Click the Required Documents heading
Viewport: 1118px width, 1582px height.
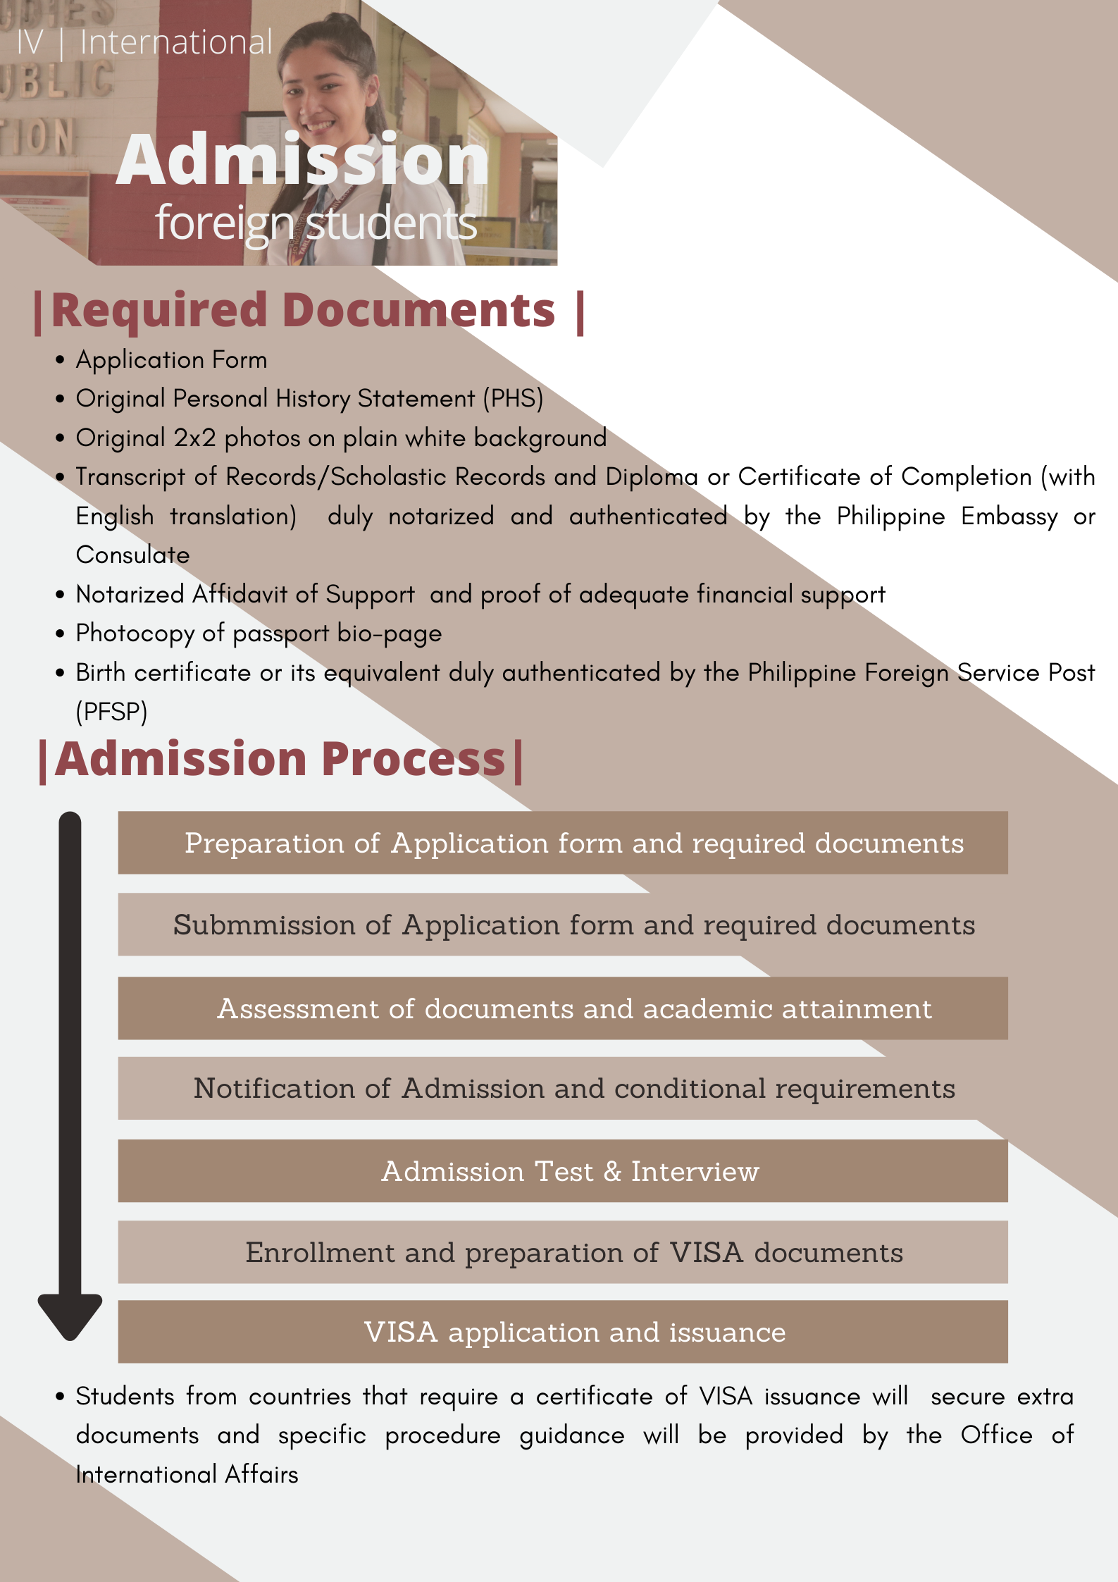[x=309, y=310]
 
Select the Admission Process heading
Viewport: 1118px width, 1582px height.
[x=280, y=760]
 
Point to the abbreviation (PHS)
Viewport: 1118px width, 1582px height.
[x=513, y=399]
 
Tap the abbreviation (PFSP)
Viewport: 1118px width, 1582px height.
[x=111, y=712]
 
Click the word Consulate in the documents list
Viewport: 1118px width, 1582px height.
[x=132, y=555]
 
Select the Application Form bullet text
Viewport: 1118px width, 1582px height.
[x=171, y=360]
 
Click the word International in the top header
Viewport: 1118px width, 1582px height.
[x=176, y=42]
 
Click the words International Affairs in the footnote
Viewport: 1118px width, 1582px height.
[x=187, y=1475]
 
